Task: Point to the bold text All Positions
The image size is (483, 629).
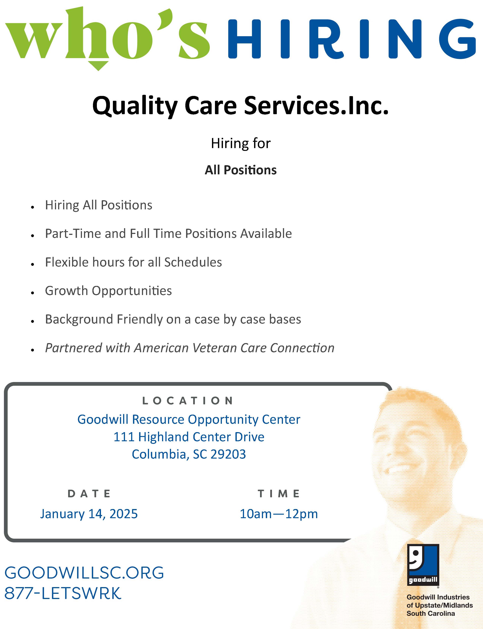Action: tap(241, 170)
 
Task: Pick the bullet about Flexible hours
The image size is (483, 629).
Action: tap(133, 262)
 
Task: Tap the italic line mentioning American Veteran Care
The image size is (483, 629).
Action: tap(190, 348)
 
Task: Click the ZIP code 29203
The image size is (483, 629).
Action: tap(228, 454)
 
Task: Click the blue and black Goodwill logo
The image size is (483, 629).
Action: tap(423, 565)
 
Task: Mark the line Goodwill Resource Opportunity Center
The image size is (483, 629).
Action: tap(189, 420)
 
